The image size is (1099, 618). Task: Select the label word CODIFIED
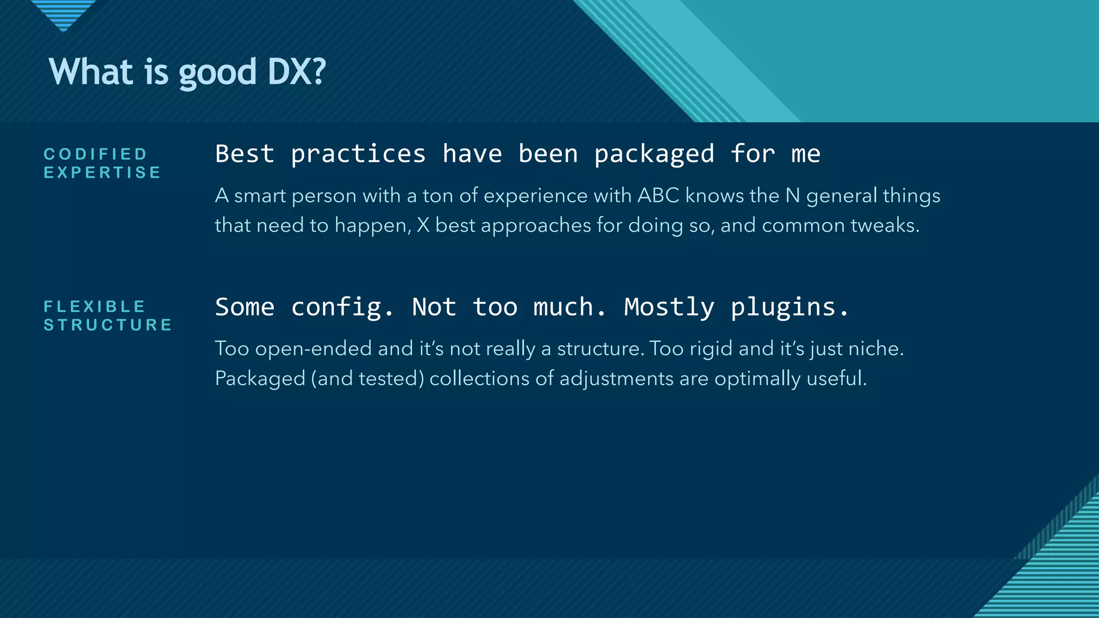[x=96, y=154]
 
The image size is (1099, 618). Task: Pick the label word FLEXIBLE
[x=94, y=307]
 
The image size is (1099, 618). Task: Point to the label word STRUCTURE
[x=108, y=325]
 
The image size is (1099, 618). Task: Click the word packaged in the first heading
[x=654, y=155]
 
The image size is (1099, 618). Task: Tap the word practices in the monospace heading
[x=358, y=155]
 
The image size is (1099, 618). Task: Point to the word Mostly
[x=669, y=308]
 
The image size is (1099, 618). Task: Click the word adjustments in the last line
[x=616, y=379]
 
